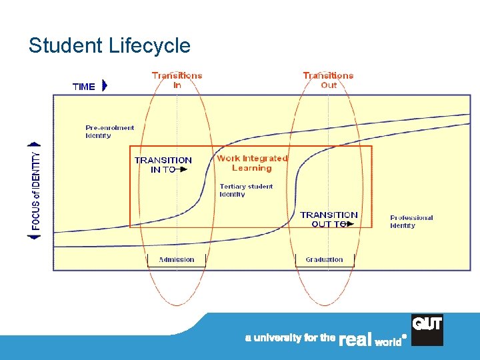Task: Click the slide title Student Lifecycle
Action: point(109,45)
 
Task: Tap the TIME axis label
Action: point(84,87)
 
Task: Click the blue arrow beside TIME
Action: point(105,86)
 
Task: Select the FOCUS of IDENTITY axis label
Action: point(36,190)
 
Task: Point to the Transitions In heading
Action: point(177,80)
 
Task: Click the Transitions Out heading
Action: point(328,80)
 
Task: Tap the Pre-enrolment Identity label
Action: point(110,131)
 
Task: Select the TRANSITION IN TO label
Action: point(163,165)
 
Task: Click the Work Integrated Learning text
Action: point(252,163)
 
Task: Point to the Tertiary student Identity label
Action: point(246,190)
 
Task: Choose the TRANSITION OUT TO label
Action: point(329,219)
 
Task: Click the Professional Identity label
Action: point(411,221)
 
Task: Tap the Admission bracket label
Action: point(177,259)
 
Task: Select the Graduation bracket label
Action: point(324,259)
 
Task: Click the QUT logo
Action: point(427,329)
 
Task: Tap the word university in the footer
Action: point(277,338)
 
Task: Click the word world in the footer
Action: point(388,341)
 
